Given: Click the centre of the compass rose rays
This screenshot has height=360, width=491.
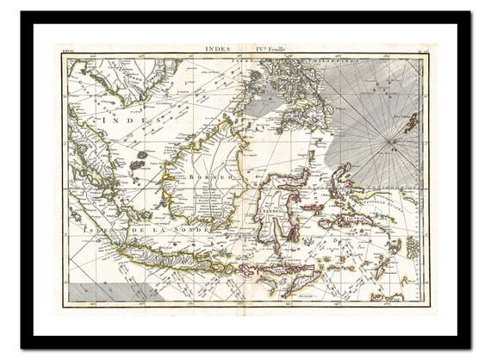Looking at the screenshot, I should pos(394,139).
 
